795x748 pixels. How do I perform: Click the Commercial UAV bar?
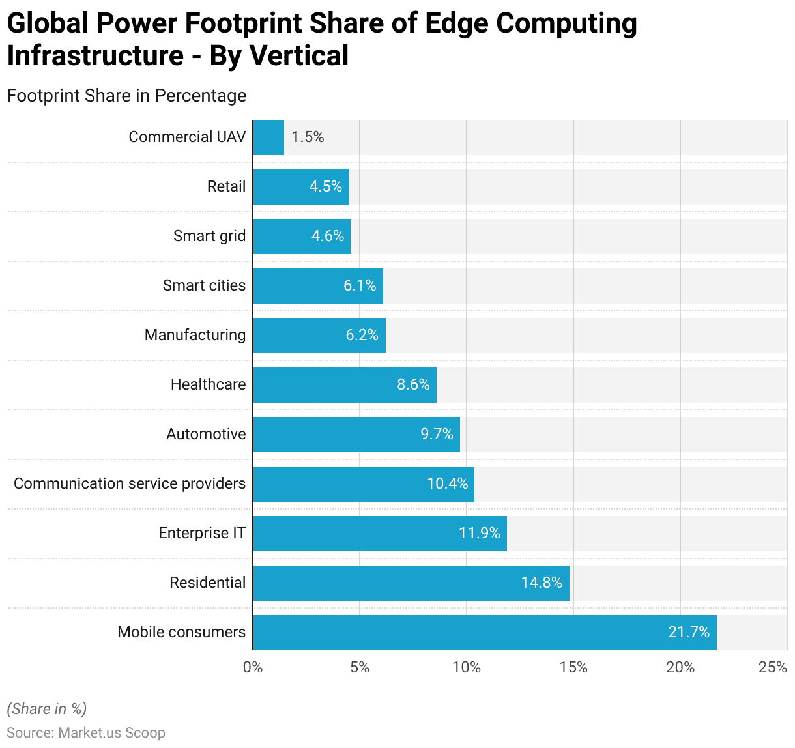268,137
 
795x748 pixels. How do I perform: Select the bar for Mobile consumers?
484,633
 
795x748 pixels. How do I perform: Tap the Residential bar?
411,583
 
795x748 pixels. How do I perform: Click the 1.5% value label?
308,137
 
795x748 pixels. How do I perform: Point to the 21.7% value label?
689,632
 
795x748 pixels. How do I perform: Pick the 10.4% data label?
447,483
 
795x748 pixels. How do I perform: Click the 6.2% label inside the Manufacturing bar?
362,335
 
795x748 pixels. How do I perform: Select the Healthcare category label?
208,384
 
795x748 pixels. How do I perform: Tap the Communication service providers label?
130,483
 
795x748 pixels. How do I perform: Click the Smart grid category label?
209,236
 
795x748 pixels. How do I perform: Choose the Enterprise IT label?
202,533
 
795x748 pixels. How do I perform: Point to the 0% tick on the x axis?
253,667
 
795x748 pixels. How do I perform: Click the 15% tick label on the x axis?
573,667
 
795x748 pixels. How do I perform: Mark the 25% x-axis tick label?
773,667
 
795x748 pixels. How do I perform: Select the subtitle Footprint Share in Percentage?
126,96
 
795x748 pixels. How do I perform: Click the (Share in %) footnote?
46,709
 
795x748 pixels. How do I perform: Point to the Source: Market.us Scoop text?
86,733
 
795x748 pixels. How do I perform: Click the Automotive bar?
356,435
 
